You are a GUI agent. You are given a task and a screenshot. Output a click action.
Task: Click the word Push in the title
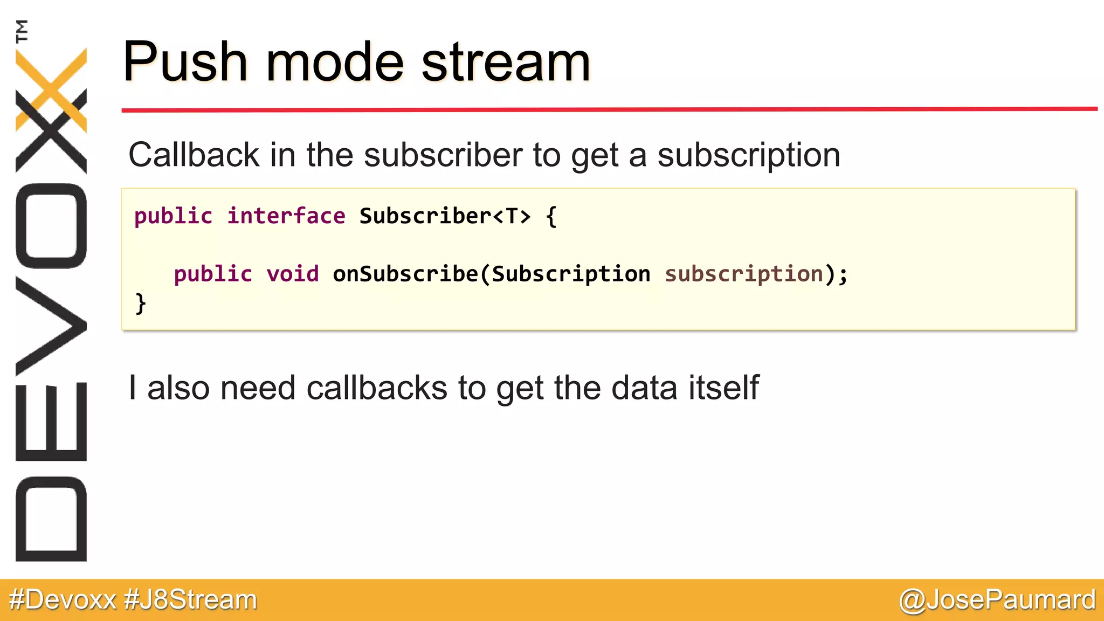[185, 62]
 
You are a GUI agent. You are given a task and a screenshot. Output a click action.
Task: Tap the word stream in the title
[506, 62]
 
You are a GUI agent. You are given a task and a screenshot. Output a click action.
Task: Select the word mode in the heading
[335, 62]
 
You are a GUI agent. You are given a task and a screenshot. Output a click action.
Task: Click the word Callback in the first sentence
[194, 155]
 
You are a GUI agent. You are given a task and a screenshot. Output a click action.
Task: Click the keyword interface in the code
[286, 216]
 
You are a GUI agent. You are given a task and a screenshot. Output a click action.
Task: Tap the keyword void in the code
[293, 274]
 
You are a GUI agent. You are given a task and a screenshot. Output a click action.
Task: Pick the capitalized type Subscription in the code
[571, 274]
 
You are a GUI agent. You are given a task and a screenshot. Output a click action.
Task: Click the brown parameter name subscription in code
[744, 274]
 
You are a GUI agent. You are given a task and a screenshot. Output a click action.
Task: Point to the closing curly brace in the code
[141, 303]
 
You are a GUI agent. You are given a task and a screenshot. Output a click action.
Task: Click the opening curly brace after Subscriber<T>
[551, 217]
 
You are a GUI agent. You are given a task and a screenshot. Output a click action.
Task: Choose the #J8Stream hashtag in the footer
[190, 600]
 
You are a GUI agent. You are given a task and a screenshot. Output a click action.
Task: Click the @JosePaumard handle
[997, 600]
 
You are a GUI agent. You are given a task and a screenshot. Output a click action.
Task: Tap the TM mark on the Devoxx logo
[22, 31]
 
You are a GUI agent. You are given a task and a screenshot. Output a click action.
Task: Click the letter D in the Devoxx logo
[51, 519]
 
